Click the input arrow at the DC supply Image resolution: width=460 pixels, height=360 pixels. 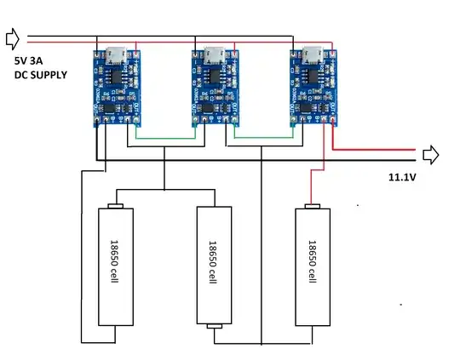[x=12, y=38]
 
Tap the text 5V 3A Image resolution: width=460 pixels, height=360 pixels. [x=32, y=61]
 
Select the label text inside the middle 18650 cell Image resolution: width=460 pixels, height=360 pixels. [x=212, y=265]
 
